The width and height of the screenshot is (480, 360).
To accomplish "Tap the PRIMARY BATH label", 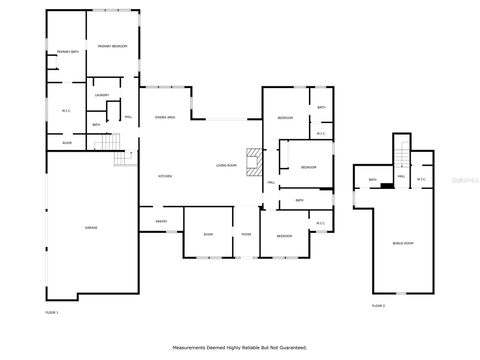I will coord(68,51).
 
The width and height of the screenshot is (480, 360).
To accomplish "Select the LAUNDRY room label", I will coord(102,95).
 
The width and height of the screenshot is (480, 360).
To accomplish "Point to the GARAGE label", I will coord(91,228).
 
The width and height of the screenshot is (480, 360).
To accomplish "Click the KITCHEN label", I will coord(165,176).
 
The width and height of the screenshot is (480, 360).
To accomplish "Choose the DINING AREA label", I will coord(165,118).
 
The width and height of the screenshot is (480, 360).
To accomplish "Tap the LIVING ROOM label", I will coord(226,165).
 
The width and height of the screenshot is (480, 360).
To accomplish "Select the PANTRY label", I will coord(161,221).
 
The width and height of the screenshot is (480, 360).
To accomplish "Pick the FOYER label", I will coord(245,234).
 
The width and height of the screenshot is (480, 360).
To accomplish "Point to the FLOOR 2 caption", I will coord(378,305).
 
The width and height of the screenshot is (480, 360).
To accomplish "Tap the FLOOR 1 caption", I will coord(52,313).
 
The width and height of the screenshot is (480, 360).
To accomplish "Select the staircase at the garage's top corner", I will coord(123,157).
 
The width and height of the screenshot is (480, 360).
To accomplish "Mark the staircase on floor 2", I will coord(402,156).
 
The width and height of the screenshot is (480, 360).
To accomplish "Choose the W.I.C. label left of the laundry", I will coord(66,110).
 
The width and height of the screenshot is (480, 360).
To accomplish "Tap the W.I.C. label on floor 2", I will coord(422,180).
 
